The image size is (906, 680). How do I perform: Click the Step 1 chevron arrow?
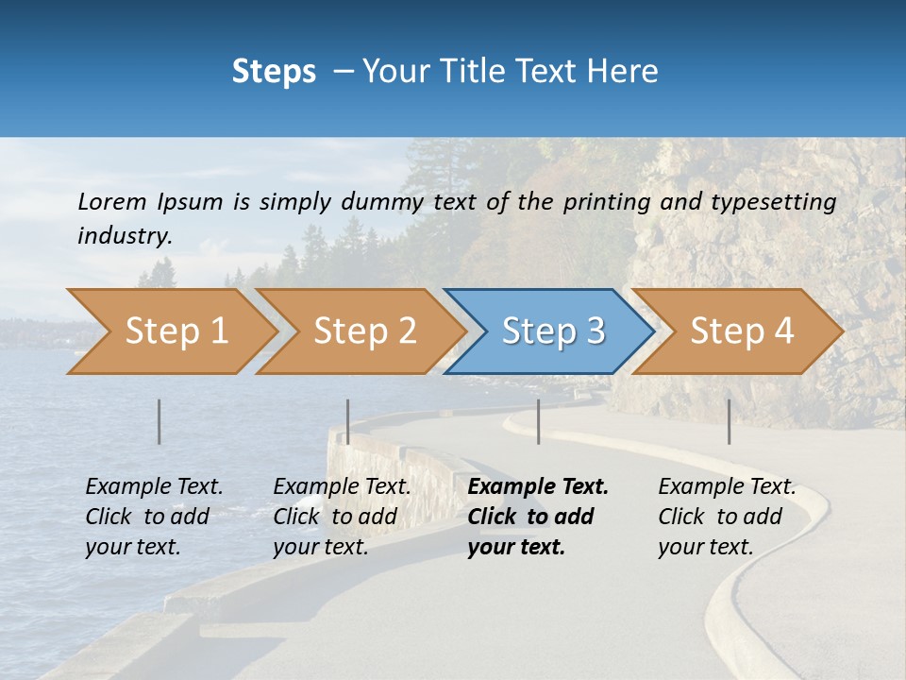pyautogui.click(x=175, y=331)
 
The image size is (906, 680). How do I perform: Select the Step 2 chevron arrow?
pyautogui.click(x=363, y=331)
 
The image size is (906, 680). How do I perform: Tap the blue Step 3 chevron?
pyautogui.click(x=552, y=331)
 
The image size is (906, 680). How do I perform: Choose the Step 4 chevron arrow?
pyautogui.click(x=741, y=331)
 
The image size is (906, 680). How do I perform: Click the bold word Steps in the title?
pyautogui.click(x=274, y=72)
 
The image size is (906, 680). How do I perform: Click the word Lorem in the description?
pyautogui.click(x=111, y=202)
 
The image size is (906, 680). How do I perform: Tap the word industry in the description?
pyautogui.click(x=125, y=236)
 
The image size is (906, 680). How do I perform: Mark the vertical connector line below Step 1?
pyautogui.click(x=159, y=421)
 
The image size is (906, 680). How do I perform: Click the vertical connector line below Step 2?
pyautogui.click(x=348, y=421)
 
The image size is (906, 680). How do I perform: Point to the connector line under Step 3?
pyautogui.click(x=539, y=421)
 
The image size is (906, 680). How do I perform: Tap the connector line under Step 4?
pyautogui.click(x=730, y=421)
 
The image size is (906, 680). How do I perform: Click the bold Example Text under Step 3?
pyautogui.click(x=538, y=487)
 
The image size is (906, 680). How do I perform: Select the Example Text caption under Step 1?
pyautogui.click(x=154, y=487)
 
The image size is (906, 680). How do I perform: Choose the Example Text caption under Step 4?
pyautogui.click(x=727, y=487)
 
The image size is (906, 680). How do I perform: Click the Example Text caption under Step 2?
pyautogui.click(x=342, y=487)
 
